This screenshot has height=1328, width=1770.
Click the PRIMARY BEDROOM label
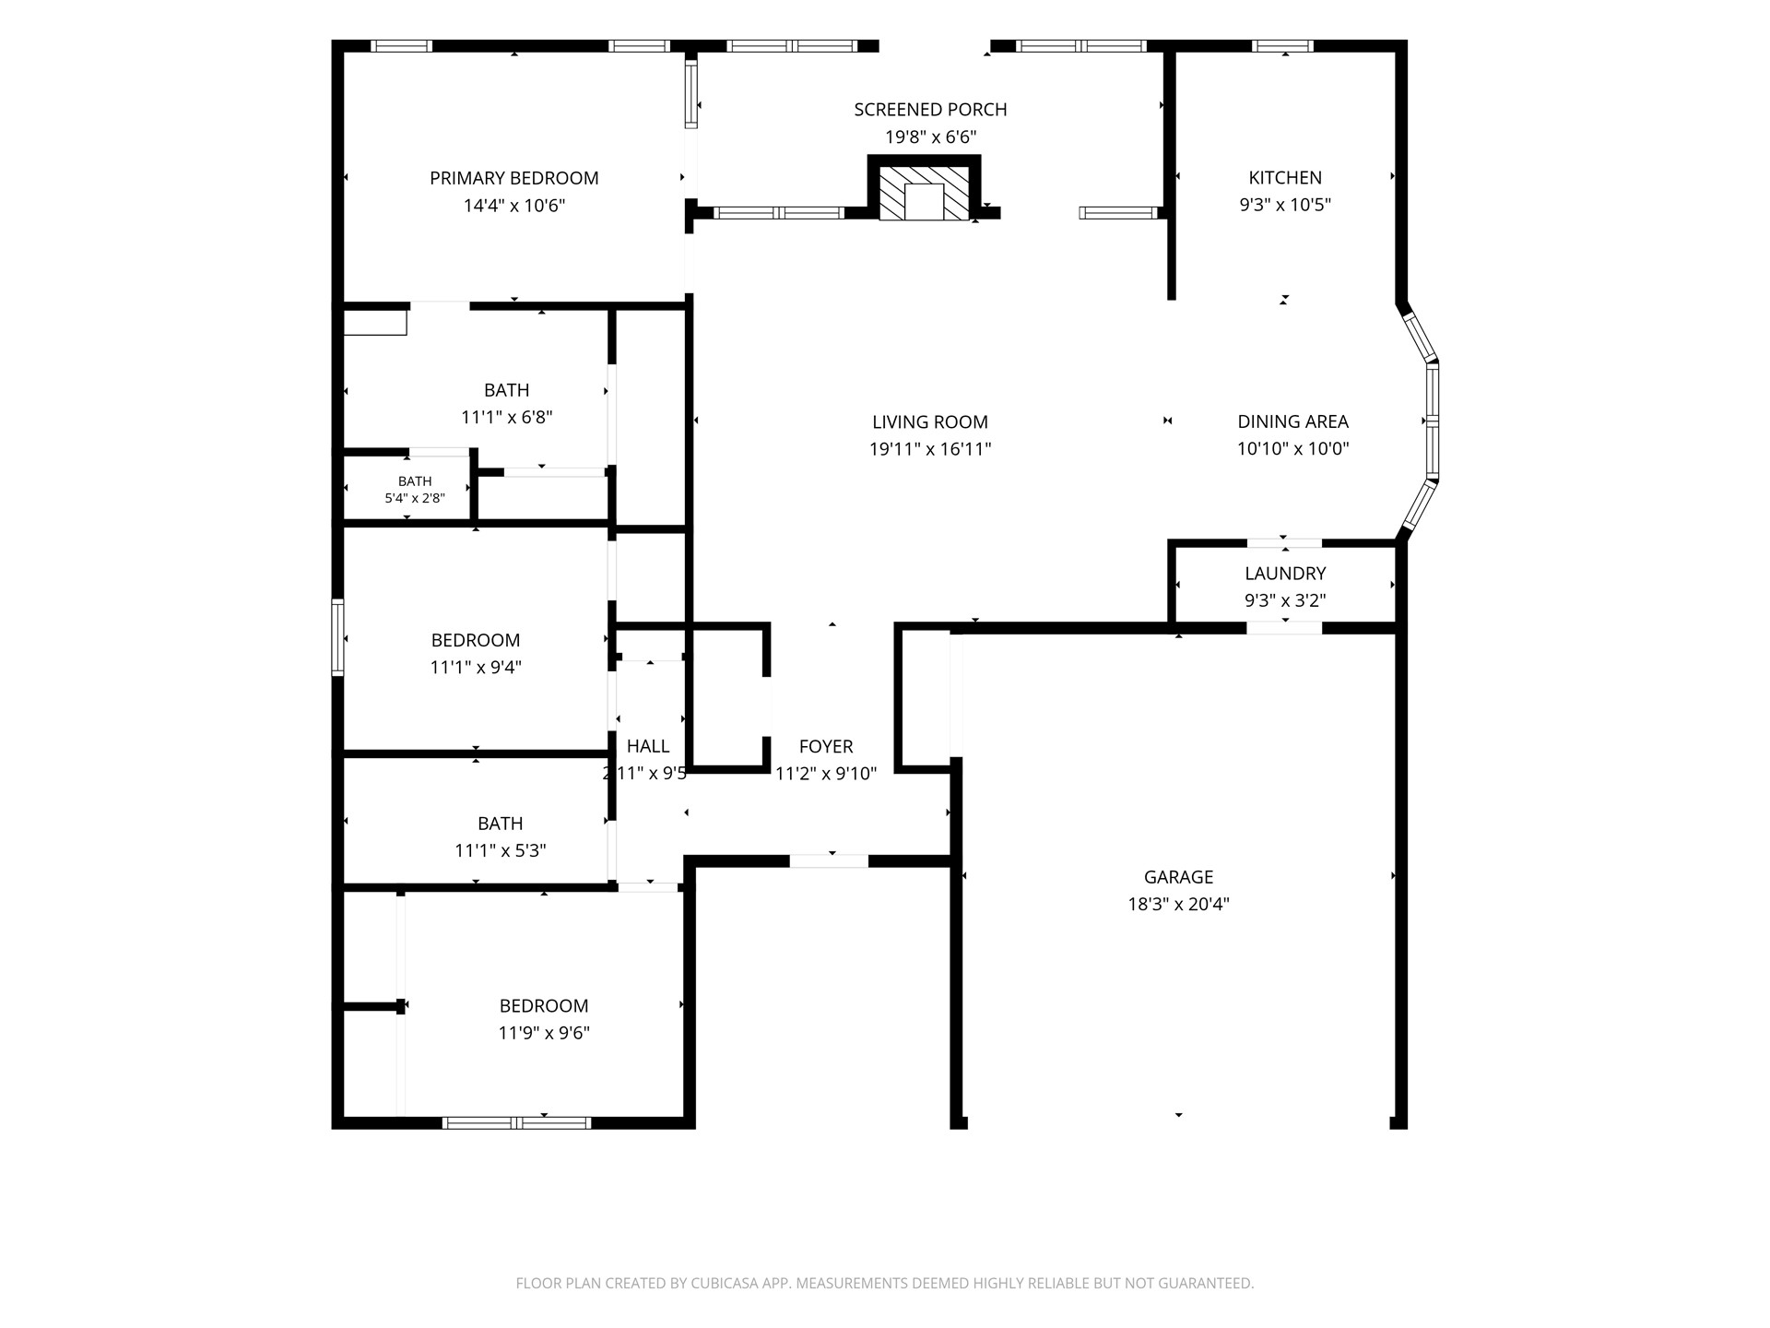point(514,178)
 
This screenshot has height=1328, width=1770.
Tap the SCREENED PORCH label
point(930,110)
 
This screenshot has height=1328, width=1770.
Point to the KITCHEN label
point(1285,178)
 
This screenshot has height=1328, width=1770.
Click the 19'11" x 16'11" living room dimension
point(930,449)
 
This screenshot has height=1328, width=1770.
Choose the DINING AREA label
point(1292,421)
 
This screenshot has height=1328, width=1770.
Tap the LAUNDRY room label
point(1285,574)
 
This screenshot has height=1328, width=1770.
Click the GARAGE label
point(1178,877)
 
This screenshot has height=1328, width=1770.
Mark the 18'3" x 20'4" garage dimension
point(1178,905)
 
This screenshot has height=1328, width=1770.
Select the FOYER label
point(826,746)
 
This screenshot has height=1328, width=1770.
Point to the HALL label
point(648,746)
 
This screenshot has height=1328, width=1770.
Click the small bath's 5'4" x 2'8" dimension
point(415,498)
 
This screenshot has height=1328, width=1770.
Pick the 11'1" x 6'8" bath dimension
point(507,417)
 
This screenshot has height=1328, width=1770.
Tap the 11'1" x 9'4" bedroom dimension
point(476,667)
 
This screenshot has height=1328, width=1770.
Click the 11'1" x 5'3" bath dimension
point(501,850)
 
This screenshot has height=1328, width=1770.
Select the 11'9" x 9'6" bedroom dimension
point(544,1033)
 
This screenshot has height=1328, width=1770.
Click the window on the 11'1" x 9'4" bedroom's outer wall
point(337,637)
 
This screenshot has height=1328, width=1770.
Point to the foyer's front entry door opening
point(829,861)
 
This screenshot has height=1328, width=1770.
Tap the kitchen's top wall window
point(1282,46)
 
